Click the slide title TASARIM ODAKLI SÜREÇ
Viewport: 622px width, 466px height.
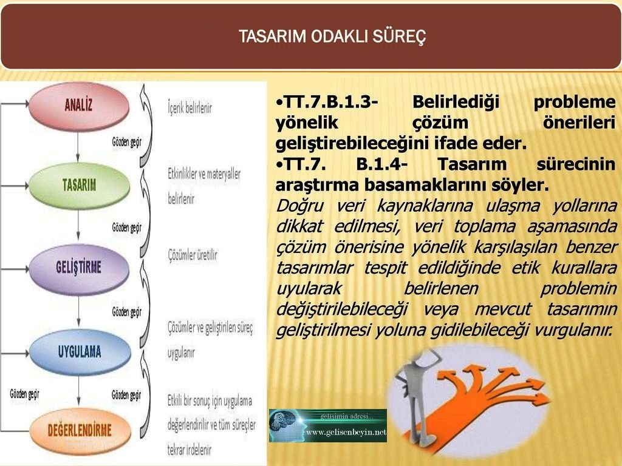pos(332,36)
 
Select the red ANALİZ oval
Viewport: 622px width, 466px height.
pos(78,105)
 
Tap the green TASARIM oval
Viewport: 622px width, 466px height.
pos(79,185)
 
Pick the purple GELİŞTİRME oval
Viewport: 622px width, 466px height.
pos(78,268)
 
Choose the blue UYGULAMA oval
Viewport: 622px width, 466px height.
pos(80,351)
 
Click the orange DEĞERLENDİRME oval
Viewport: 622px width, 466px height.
pos(80,431)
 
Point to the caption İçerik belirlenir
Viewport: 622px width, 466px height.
pos(190,108)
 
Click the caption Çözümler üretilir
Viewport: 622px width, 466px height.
pos(193,255)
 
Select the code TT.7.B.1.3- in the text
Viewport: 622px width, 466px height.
pos(326,102)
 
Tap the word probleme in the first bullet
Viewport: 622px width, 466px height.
pos(575,102)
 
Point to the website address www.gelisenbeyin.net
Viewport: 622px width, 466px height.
pos(346,432)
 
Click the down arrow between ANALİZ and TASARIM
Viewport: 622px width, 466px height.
pos(78,146)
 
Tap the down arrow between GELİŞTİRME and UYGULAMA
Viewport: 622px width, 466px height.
pos(78,311)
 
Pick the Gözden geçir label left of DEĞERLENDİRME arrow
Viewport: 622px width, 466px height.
pos(24,394)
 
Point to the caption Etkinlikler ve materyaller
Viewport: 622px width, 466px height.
pos(204,174)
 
